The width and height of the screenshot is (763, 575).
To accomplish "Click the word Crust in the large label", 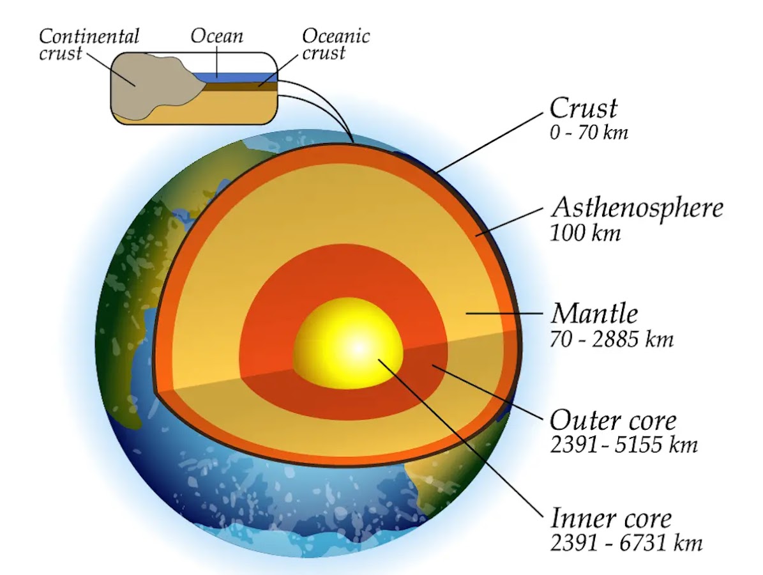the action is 583,109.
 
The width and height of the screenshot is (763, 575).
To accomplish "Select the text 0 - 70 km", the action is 588,133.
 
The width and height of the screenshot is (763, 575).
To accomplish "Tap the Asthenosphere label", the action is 637,208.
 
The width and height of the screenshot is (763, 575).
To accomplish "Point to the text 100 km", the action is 585,233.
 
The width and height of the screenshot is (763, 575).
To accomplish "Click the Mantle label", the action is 594,314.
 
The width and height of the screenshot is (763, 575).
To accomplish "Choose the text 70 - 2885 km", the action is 611,339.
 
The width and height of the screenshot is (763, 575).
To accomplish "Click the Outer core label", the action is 612,420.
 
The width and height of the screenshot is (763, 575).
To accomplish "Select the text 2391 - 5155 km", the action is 623,445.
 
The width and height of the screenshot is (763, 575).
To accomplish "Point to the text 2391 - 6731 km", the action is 625,543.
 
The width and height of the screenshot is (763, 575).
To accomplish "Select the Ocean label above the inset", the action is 216,36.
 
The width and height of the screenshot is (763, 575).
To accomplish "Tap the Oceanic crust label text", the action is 335,43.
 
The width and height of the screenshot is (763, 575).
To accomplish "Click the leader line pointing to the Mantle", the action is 504,313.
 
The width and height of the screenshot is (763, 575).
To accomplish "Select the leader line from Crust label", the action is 492,141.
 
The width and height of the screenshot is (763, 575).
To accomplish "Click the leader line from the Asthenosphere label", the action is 511,220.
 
